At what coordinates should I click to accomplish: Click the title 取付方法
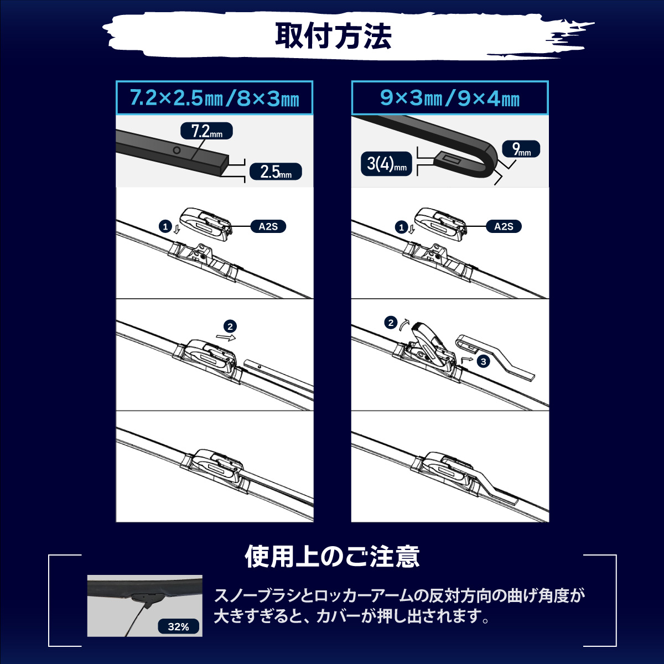[333, 37]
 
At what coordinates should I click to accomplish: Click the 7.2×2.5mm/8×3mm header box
[214, 98]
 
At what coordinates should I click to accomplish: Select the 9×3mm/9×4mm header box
[449, 98]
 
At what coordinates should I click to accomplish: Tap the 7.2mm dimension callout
[206, 132]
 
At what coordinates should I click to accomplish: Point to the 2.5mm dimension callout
[275, 172]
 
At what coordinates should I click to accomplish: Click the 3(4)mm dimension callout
[386, 164]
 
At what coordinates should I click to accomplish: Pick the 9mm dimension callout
[521, 149]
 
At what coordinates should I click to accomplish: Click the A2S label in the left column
[268, 226]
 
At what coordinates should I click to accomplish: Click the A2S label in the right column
[503, 226]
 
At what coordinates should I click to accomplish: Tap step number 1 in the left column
[164, 226]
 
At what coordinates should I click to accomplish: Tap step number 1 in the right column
[401, 227]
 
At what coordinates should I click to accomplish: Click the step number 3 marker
[484, 361]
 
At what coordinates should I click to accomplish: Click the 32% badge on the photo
[178, 626]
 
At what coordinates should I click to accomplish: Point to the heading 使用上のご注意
[332, 557]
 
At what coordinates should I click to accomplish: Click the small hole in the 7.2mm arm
[177, 151]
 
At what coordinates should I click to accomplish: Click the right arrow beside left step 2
[226, 336]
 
